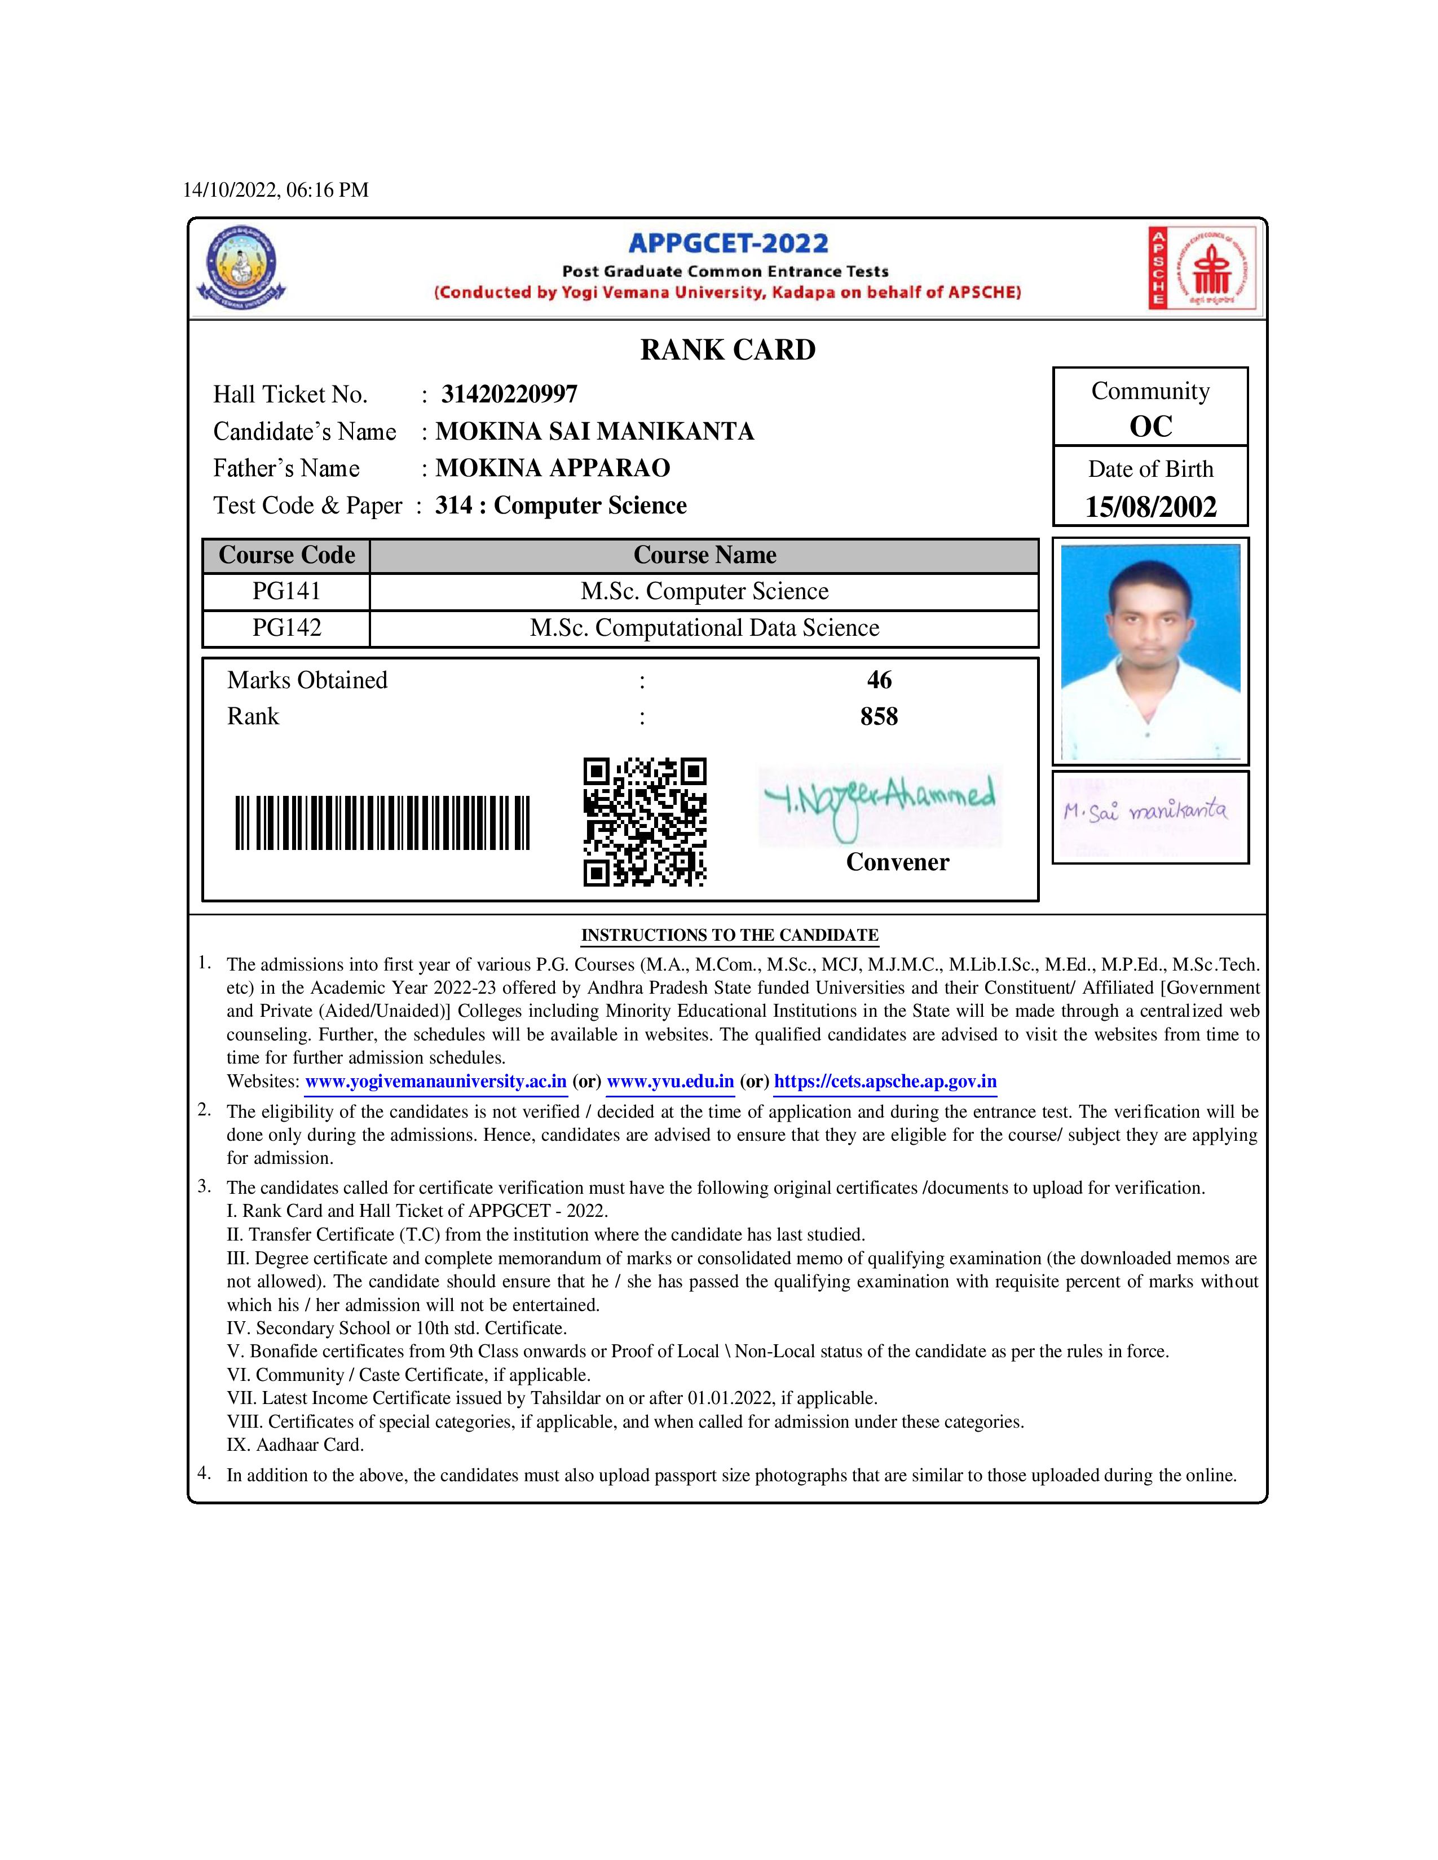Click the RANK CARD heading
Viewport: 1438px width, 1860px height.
[x=727, y=350]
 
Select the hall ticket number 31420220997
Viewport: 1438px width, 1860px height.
[x=509, y=395]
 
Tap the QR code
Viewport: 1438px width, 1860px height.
[x=645, y=822]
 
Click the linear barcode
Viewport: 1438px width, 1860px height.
[x=382, y=823]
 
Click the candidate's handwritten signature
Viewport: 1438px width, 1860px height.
[x=1146, y=812]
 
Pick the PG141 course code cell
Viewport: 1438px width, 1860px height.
[x=286, y=591]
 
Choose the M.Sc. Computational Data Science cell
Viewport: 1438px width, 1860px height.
[x=704, y=628]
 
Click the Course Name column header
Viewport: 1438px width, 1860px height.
[x=704, y=555]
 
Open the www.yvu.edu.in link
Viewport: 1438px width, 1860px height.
[x=671, y=1082]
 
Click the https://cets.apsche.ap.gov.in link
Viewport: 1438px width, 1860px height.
[x=885, y=1082]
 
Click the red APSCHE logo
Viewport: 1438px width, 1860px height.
[x=1201, y=267]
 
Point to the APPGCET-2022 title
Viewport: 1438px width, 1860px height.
[x=727, y=243]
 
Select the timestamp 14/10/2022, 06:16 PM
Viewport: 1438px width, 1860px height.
[x=276, y=190]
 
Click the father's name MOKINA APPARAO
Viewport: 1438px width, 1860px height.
[x=553, y=468]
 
